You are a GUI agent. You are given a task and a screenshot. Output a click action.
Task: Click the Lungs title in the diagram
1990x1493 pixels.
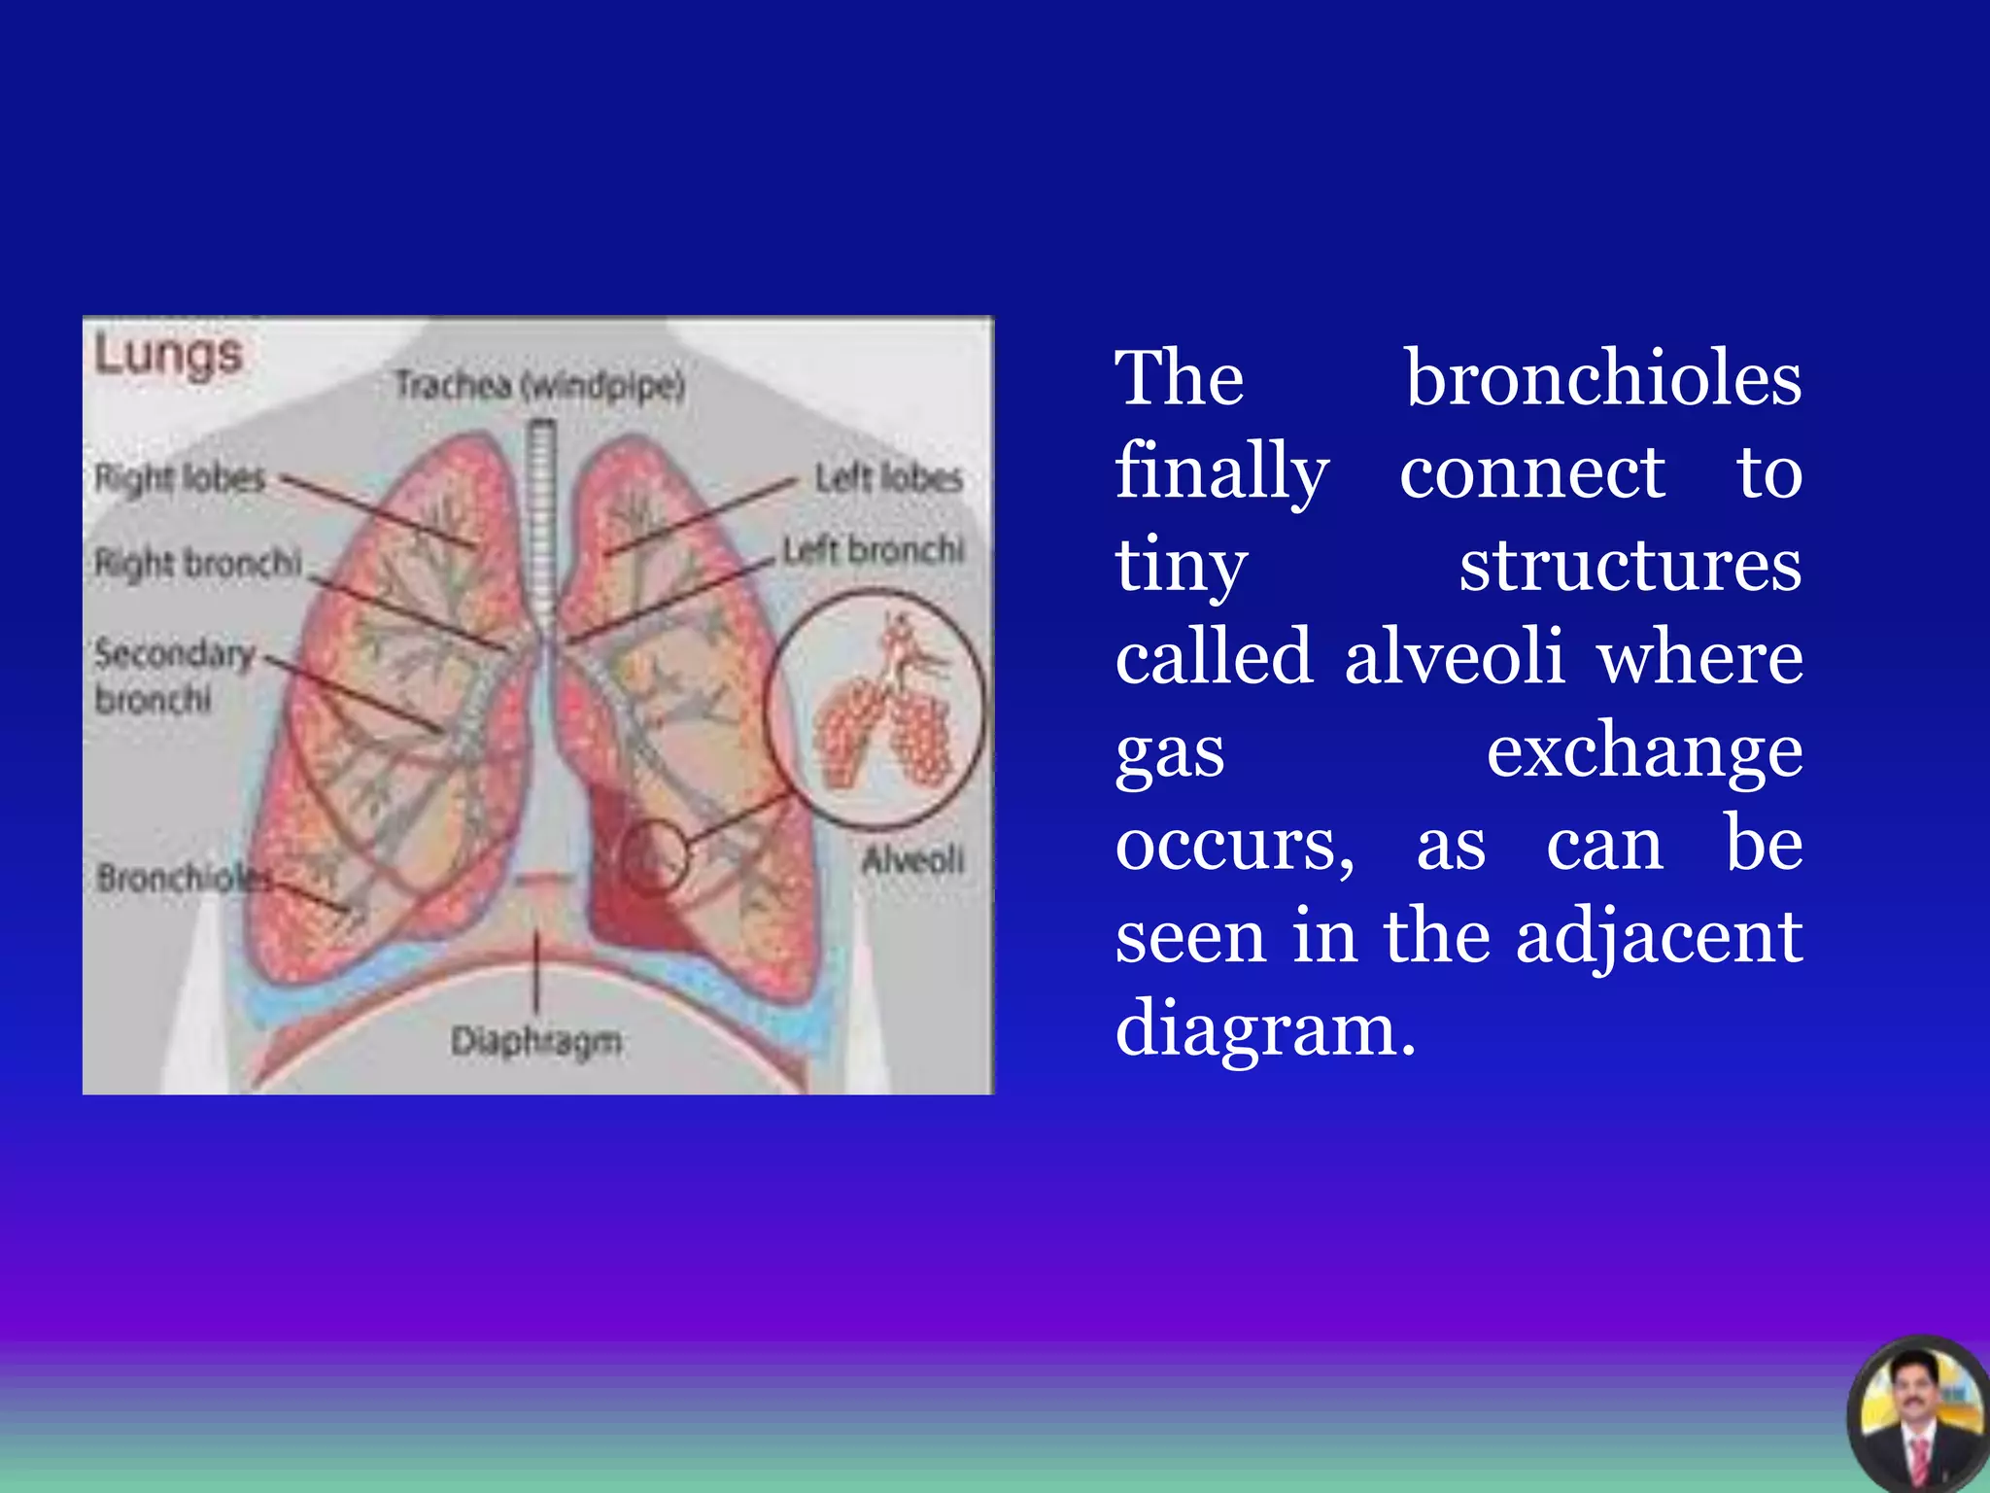pos(168,356)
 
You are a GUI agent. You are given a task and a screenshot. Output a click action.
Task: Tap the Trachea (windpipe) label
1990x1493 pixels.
pos(539,386)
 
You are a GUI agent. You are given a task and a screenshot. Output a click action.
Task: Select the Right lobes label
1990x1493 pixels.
pos(180,477)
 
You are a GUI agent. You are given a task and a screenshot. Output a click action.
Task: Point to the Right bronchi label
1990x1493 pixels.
pos(198,563)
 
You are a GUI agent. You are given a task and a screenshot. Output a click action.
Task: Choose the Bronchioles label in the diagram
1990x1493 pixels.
pos(185,879)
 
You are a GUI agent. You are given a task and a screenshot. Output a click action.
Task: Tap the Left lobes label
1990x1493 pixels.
pos(888,477)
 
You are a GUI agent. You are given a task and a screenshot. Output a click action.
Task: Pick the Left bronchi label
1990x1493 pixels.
pos(874,550)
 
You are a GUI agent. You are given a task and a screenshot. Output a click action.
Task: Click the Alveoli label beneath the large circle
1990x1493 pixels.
pos(913,859)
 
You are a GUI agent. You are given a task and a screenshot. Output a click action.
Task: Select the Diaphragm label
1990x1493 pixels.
pos(536,1041)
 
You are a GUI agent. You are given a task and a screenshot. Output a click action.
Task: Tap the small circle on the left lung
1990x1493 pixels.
pos(654,856)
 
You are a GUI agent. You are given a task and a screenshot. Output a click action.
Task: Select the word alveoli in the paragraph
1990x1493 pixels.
pos(1454,656)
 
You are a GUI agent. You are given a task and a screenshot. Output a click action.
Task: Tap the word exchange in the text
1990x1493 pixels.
pos(1644,749)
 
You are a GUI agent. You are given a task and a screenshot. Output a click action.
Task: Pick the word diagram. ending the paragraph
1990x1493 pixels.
pos(1265,1027)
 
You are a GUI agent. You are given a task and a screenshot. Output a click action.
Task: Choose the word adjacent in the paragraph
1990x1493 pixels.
pos(1659,935)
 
